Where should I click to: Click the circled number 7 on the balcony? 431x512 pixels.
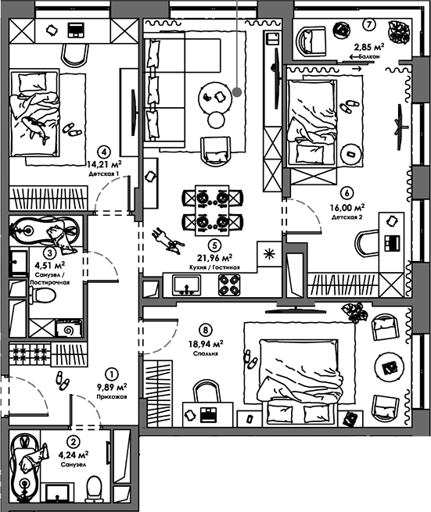[x=369, y=24]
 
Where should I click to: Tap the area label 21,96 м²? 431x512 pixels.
[x=214, y=258]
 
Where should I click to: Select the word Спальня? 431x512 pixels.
[x=206, y=353]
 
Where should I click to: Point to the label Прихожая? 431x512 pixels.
[x=112, y=397]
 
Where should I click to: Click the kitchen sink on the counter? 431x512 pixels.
[x=187, y=285]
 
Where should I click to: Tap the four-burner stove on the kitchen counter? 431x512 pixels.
[x=229, y=285]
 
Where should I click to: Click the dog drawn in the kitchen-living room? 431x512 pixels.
[x=167, y=241]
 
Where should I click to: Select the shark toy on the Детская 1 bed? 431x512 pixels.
[x=35, y=130]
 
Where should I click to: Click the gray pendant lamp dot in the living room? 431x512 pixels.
[x=237, y=92]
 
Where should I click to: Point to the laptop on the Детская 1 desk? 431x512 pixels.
[x=76, y=30]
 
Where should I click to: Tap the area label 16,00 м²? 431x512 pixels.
[x=347, y=207]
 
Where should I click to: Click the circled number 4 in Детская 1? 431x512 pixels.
[x=104, y=152]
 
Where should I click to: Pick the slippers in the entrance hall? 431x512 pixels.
[x=62, y=381]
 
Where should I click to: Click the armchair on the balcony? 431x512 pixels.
[x=311, y=41]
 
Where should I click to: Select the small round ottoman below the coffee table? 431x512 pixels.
[x=217, y=120]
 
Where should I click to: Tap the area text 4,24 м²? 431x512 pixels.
[x=74, y=454]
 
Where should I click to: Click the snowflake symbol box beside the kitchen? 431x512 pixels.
[x=269, y=254]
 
